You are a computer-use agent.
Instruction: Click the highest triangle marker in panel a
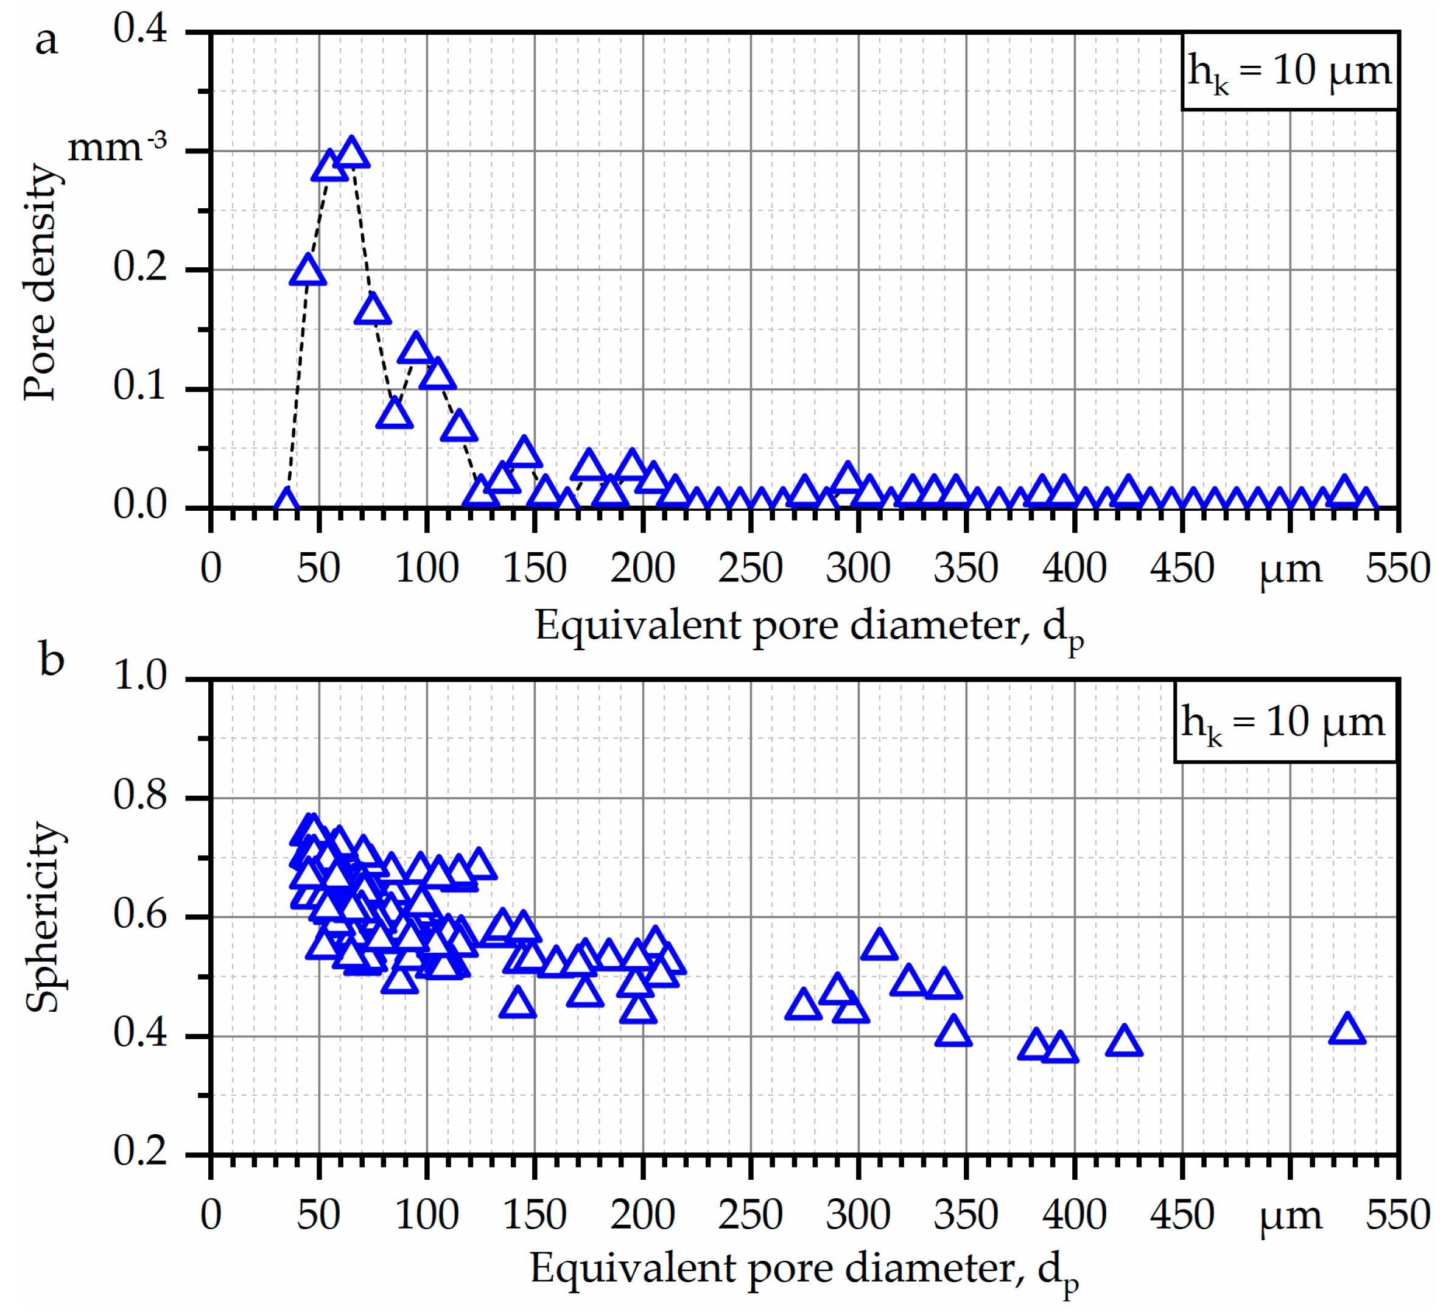coord(351,153)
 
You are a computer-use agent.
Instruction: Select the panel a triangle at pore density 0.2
coord(307,271)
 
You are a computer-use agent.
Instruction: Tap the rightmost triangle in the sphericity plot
coord(1346,1030)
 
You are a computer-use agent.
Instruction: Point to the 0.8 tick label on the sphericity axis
coord(140,795)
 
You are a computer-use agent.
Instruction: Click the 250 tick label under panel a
coord(750,569)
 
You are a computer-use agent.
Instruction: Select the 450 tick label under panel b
coord(1181,1215)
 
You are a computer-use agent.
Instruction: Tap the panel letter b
coord(52,659)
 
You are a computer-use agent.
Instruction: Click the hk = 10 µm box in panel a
coord(1289,72)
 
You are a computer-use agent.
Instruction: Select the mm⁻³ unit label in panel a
coord(116,147)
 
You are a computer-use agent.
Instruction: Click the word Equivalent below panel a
coord(637,626)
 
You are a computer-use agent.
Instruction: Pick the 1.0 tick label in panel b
coord(140,676)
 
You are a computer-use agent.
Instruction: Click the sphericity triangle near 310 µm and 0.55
coord(879,945)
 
